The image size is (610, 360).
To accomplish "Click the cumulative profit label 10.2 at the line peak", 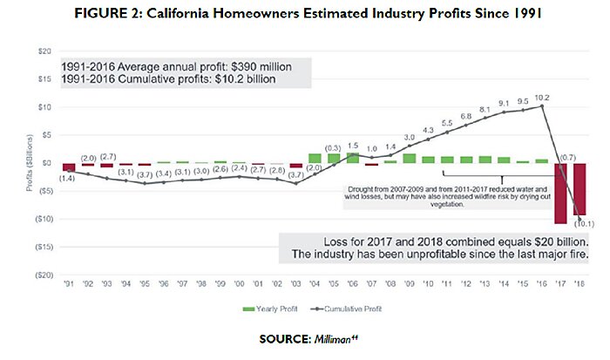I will (541, 97).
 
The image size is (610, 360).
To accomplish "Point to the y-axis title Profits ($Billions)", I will (30, 162).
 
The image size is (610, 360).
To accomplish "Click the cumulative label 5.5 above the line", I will (448, 124).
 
